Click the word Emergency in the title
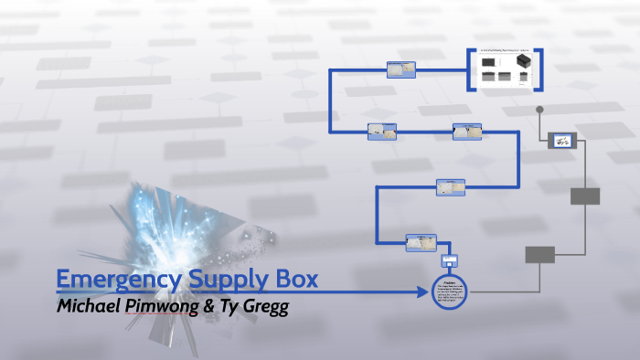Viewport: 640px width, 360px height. [113, 280]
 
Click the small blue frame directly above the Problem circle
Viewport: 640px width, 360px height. [449, 261]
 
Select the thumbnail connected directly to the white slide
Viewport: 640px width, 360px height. [400, 69]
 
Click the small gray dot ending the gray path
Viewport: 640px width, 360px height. [540, 111]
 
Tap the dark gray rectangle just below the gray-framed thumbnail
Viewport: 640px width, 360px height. [585, 196]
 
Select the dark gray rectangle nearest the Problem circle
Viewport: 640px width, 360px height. [539, 254]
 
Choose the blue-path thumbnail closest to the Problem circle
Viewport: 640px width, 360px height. [421, 242]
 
